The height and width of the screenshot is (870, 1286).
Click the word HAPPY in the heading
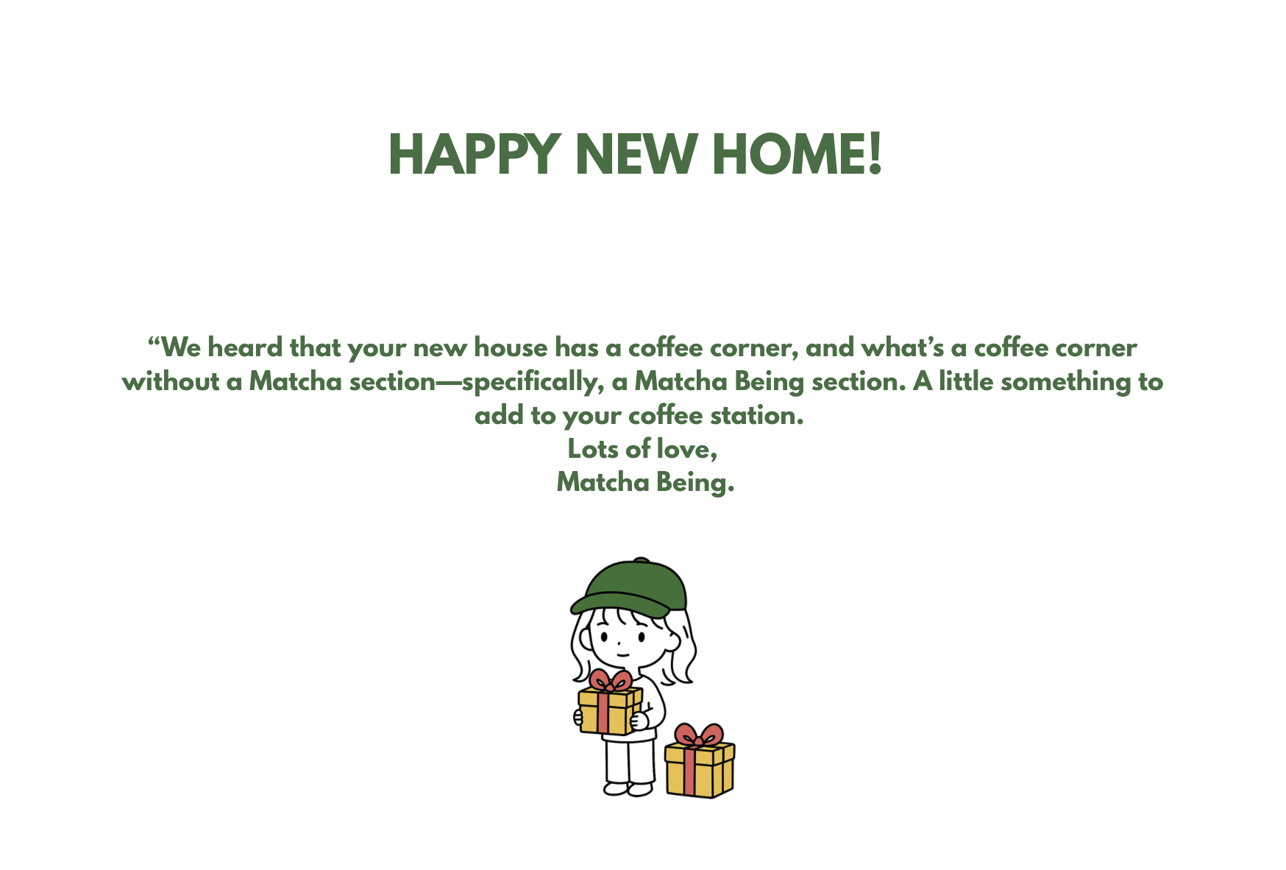475,155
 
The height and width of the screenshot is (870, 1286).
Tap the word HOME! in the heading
797,155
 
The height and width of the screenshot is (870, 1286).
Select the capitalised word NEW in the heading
636,155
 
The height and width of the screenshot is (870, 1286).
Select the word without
171,381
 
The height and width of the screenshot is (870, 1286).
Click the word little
966,381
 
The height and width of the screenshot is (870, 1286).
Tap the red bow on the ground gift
699,735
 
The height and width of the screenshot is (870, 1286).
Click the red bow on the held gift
611,680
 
